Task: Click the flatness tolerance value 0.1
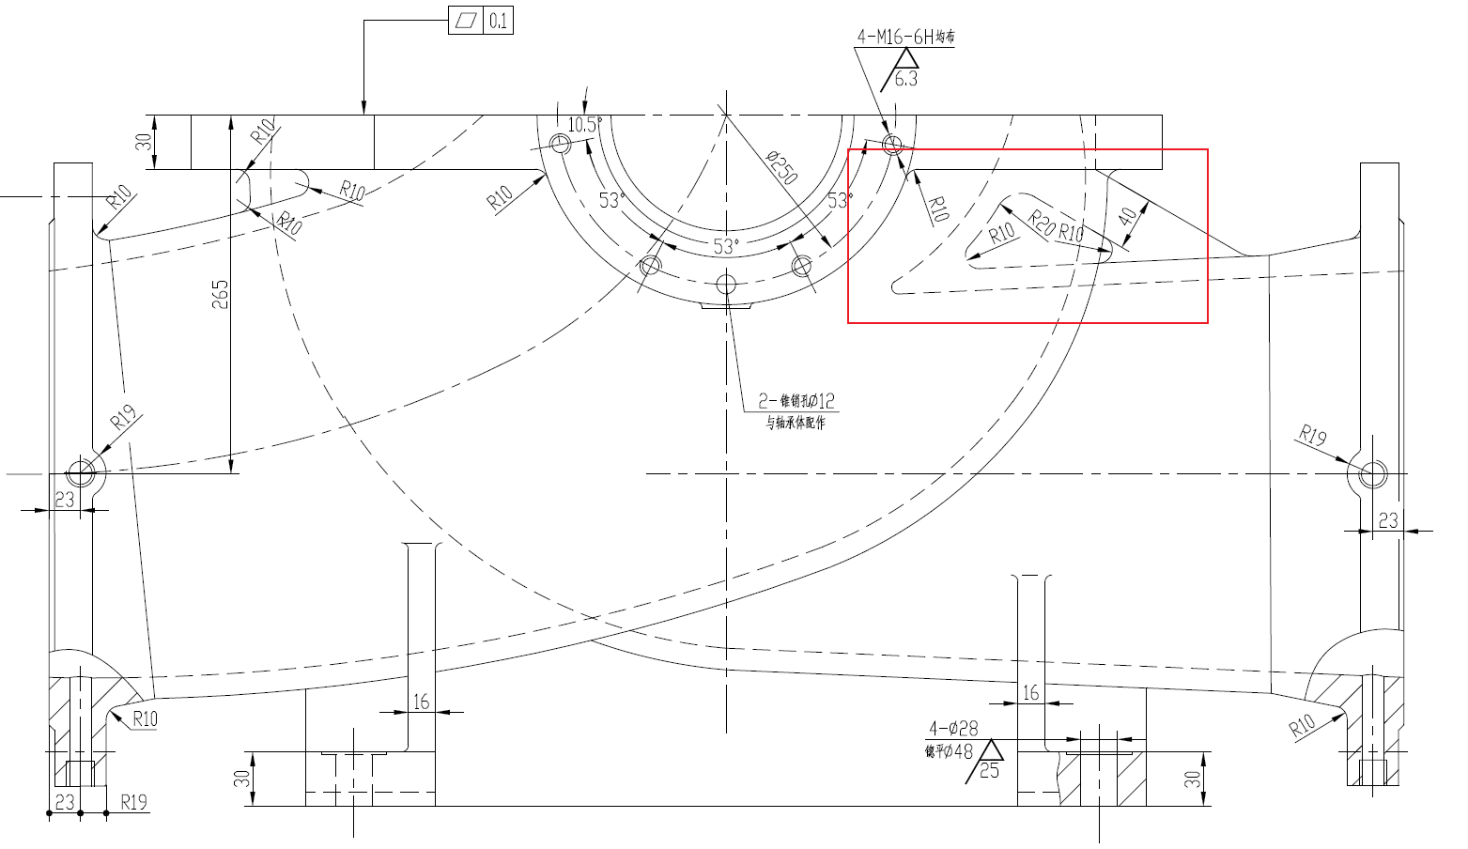point(498,21)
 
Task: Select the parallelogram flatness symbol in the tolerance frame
point(466,21)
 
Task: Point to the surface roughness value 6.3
point(906,79)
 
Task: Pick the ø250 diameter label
point(781,166)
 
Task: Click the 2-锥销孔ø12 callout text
point(796,402)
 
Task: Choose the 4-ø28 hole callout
point(953,728)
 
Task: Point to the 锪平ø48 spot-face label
point(950,751)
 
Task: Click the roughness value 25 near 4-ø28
point(989,770)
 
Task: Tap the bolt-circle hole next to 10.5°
point(562,144)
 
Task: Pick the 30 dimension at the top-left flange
point(144,142)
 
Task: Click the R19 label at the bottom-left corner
point(134,802)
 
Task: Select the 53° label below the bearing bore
point(725,247)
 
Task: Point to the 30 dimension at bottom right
point(1193,779)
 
